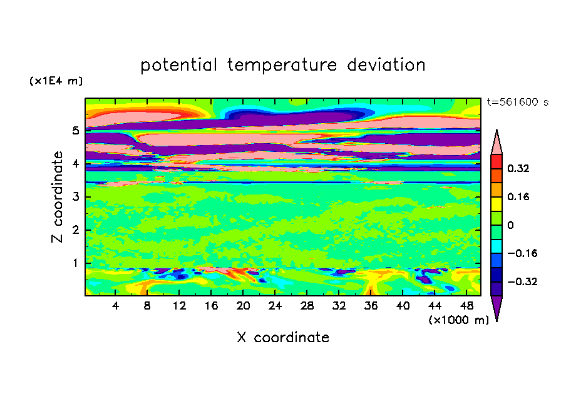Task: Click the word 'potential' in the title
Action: point(178,66)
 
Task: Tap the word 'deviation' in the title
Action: point(386,65)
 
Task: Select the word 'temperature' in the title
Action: point(282,66)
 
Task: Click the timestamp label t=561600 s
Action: point(518,102)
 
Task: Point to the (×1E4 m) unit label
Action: point(56,81)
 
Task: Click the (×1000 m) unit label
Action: point(458,320)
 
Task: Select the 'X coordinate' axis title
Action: point(283,337)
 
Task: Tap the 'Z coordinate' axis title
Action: point(57,196)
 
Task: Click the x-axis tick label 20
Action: point(243,306)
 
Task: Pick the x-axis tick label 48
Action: point(466,306)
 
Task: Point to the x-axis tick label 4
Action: point(115,306)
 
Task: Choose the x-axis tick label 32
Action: point(339,306)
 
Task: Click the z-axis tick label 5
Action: point(75,130)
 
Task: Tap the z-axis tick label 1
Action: point(75,263)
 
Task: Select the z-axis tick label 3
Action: point(75,196)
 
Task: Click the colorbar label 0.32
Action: point(518,168)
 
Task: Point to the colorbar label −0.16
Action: point(522,253)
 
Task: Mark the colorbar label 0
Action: point(510,225)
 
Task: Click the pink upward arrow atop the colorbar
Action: point(497,142)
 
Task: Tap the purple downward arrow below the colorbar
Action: point(497,306)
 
